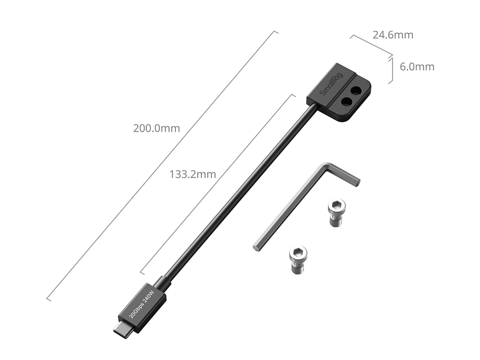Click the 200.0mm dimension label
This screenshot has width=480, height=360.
pos(157,128)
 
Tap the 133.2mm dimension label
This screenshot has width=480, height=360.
pos(193,174)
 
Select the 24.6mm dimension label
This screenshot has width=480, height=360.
pos(393,35)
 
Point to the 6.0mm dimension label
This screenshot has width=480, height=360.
pos(417,67)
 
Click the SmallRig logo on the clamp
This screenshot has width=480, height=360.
pos(332,84)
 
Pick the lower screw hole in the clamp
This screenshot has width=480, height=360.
pos(345,102)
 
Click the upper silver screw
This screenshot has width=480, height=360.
pos(337,212)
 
